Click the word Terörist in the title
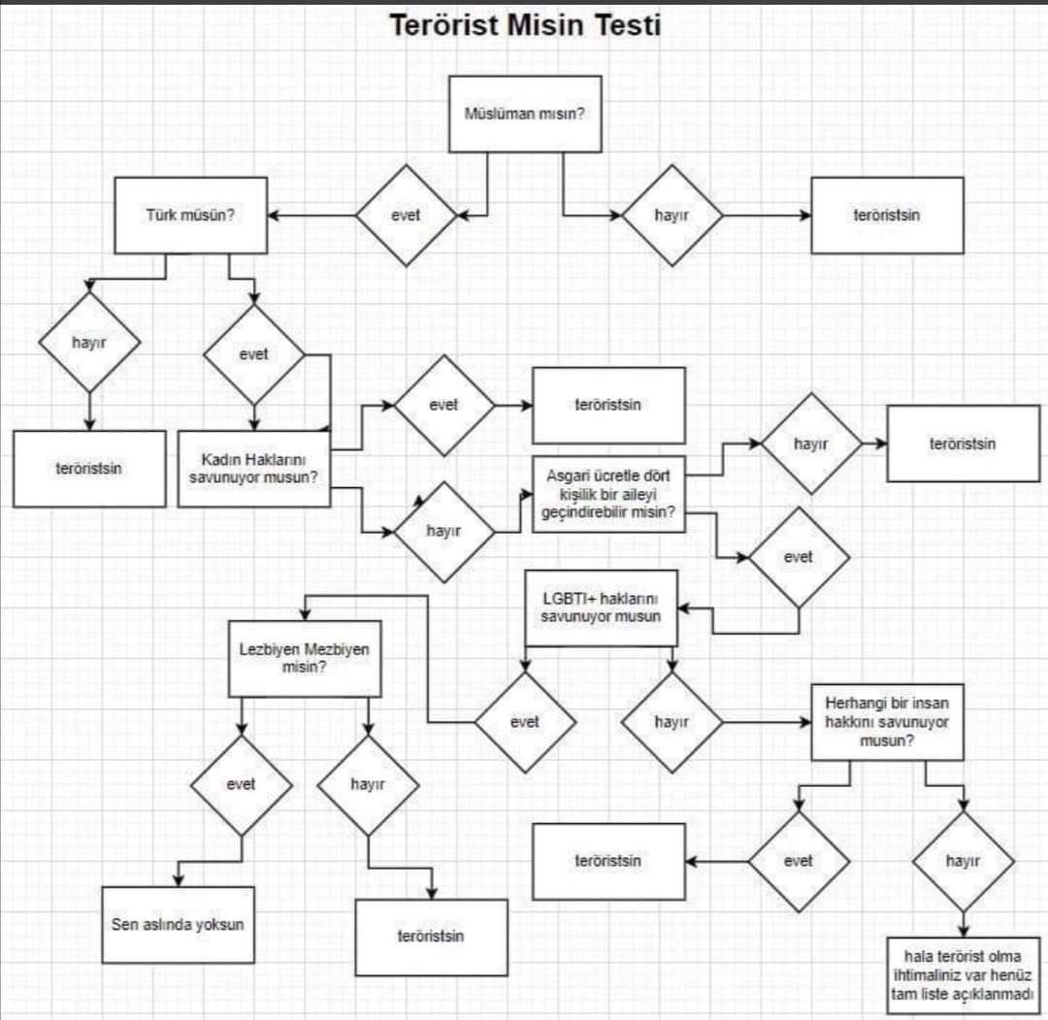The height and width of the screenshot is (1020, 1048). click(443, 25)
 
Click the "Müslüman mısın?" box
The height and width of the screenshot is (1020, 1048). click(525, 114)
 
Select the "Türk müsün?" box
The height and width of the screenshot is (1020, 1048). click(190, 215)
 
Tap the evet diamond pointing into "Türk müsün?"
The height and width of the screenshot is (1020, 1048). click(406, 215)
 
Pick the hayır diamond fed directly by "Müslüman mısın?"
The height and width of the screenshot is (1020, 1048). click(671, 215)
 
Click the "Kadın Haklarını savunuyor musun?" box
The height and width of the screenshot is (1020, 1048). click(254, 469)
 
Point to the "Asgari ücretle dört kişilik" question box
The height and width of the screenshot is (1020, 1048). click(608, 494)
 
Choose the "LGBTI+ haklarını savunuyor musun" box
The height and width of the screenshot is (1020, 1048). click(601, 608)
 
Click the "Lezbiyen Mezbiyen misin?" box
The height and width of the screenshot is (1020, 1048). click(305, 658)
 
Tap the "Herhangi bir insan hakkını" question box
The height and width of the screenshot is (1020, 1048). click(887, 722)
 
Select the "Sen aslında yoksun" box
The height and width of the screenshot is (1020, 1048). click(178, 925)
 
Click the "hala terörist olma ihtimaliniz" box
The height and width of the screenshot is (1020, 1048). click(964, 975)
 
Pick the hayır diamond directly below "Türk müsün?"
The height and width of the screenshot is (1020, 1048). click(89, 343)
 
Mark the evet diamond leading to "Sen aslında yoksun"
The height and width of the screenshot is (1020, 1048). click(242, 785)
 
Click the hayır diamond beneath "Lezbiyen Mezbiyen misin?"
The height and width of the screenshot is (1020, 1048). click(368, 785)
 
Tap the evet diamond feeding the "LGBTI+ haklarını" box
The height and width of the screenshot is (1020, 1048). click(799, 557)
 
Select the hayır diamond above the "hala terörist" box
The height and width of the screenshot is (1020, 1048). click(964, 861)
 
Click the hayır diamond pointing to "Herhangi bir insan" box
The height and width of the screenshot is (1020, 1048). click(671, 722)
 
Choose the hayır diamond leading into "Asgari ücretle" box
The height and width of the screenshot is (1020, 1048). click(443, 532)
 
